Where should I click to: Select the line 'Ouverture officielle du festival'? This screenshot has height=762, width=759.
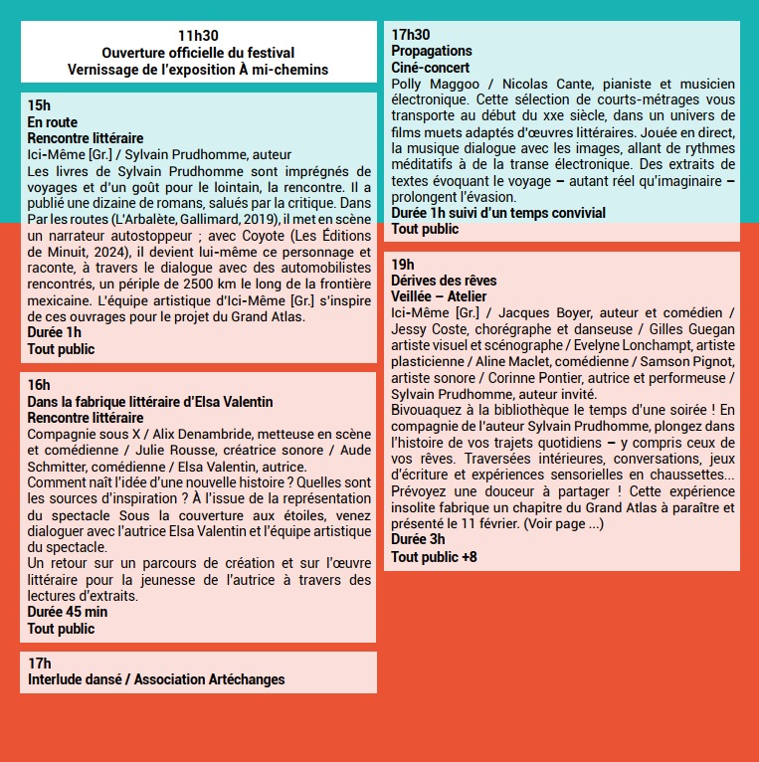coord(198,53)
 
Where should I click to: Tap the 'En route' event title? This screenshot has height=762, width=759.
coord(52,122)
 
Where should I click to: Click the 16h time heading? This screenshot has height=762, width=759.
coord(39,386)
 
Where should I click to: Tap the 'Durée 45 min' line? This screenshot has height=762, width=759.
coord(67,613)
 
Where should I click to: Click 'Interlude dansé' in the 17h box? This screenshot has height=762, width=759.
coord(76,679)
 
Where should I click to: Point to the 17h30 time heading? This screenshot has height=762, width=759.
coord(411,35)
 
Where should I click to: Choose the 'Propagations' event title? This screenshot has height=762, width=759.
coord(432,51)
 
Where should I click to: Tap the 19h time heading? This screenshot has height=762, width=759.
coord(402,265)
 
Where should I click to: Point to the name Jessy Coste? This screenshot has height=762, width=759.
coord(430,329)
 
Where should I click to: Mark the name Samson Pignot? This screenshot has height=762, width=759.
coord(684,361)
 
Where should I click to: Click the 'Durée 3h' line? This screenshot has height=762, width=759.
coord(418,540)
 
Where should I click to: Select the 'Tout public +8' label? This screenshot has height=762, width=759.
coord(434,557)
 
